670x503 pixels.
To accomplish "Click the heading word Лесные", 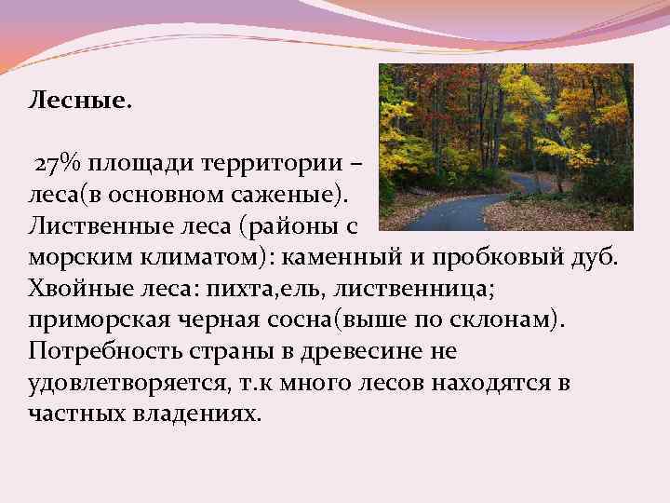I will [81, 99].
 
